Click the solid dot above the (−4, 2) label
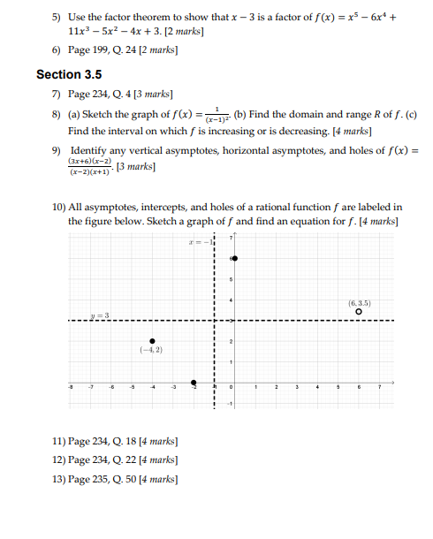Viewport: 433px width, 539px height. coord(152,341)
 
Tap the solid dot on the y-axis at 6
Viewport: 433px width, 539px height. coord(233,258)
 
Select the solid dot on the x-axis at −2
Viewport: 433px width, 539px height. coord(194,383)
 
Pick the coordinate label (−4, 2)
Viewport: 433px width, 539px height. coord(150,352)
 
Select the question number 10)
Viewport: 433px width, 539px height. coord(59,207)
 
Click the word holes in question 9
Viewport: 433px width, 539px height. coord(330,151)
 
